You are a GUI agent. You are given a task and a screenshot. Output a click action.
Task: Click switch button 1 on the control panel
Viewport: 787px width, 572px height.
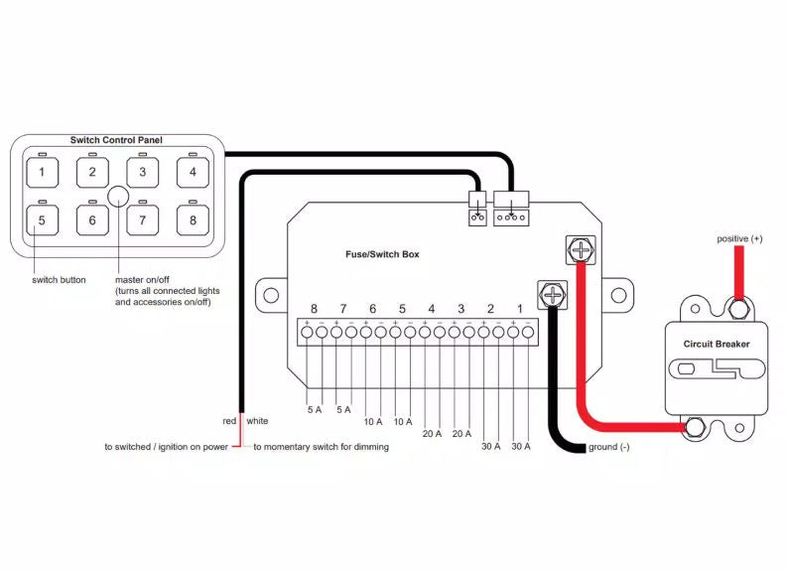(42, 172)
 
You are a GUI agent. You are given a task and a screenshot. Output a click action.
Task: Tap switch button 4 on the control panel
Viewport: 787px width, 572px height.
(193, 172)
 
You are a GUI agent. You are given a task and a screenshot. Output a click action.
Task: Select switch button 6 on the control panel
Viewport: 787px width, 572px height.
(92, 220)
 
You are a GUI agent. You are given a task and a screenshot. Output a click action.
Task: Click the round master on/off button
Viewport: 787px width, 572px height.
(118, 197)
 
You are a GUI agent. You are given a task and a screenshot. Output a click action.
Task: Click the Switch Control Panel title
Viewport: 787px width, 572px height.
(116, 140)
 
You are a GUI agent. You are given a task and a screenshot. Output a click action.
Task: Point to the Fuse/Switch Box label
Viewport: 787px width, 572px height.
(382, 254)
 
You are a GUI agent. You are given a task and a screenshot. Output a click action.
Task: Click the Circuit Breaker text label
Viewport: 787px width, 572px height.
(717, 344)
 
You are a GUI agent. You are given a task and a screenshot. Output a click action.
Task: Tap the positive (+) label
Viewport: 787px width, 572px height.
(739, 239)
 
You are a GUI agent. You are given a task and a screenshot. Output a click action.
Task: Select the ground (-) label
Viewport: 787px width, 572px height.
(608, 447)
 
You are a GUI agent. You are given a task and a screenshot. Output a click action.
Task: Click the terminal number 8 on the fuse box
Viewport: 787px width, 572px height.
(315, 309)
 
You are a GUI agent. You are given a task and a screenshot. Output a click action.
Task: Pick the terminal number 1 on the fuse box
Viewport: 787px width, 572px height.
(520, 309)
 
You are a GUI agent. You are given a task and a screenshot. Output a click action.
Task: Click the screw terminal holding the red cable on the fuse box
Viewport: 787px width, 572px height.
(581, 249)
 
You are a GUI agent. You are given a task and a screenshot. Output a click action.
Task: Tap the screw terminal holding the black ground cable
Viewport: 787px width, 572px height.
(553, 295)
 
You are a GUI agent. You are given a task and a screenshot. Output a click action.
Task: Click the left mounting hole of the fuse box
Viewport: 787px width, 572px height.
(271, 295)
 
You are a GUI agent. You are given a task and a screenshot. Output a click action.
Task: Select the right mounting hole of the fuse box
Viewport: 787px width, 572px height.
(619, 295)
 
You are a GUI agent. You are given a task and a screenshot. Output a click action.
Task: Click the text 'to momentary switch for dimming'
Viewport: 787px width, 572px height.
(322, 447)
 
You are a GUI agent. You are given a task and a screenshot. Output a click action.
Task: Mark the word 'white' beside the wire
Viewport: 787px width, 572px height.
(257, 421)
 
